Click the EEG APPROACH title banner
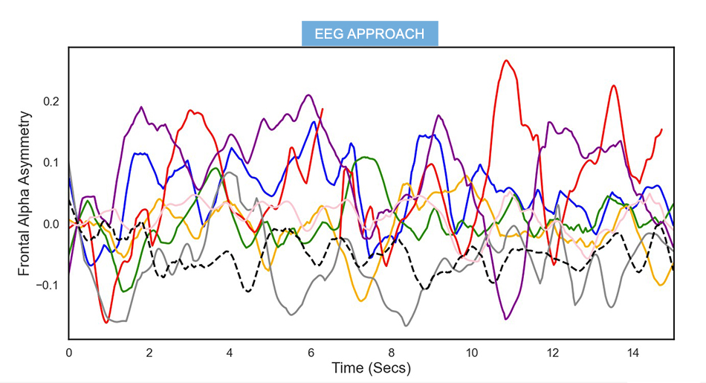[x=369, y=34]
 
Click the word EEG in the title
[x=328, y=34]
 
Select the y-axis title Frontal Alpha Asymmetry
[x=25, y=193]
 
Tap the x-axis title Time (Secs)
[x=371, y=368]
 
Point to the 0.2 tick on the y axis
[x=51, y=101]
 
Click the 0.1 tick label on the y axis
[x=51, y=163]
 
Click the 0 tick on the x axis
[x=69, y=352]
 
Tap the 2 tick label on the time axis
[x=149, y=352]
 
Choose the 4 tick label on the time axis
[x=230, y=352]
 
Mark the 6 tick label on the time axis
[x=311, y=352]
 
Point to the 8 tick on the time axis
[x=392, y=352]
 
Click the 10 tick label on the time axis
[x=472, y=352]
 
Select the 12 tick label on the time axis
[x=553, y=352]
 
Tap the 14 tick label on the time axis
[x=633, y=352]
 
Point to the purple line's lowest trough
[x=506, y=319]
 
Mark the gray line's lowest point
[x=406, y=326]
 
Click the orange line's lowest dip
[x=361, y=300]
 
